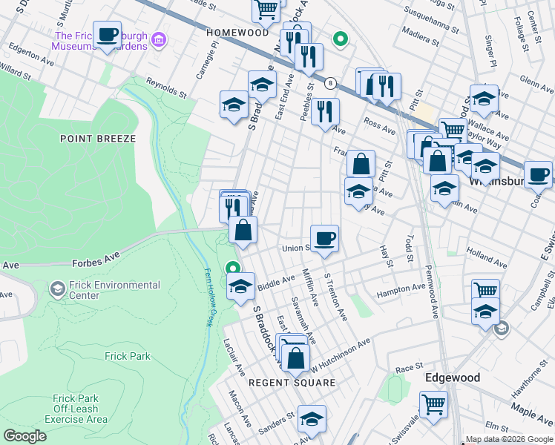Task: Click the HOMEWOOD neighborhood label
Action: [237, 33]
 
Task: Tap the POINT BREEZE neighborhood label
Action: [98, 139]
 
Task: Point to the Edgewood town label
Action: [452, 378]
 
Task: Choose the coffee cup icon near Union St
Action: [324, 239]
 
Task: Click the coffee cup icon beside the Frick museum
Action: [108, 34]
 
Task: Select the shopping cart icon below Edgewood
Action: [434, 405]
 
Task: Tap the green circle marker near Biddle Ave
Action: [233, 269]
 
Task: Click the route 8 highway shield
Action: [329, 83]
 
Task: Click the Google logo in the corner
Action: [24, 436]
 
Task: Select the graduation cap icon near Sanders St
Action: [312, 418]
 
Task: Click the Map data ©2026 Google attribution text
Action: [509, 439]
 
